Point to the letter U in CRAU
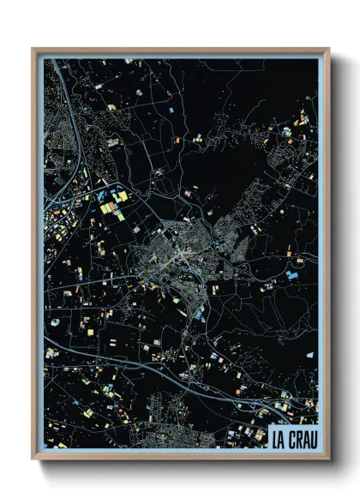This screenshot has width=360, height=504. pyautogui.click(x=312, y=439)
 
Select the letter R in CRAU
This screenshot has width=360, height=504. pyautogui.click(x=297, y=439)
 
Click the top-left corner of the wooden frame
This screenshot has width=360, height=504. pyautogui.click(x=33, y=49)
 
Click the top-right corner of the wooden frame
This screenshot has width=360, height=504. pyautogui.click(x=328, y=49)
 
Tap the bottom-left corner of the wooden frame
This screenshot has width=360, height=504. pyautogui.click(x=33, y=459)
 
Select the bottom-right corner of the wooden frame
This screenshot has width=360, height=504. pyautogui.click(x=328, y=459)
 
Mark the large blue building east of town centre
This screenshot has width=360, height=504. pyautogui.click(x=292, y=275)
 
